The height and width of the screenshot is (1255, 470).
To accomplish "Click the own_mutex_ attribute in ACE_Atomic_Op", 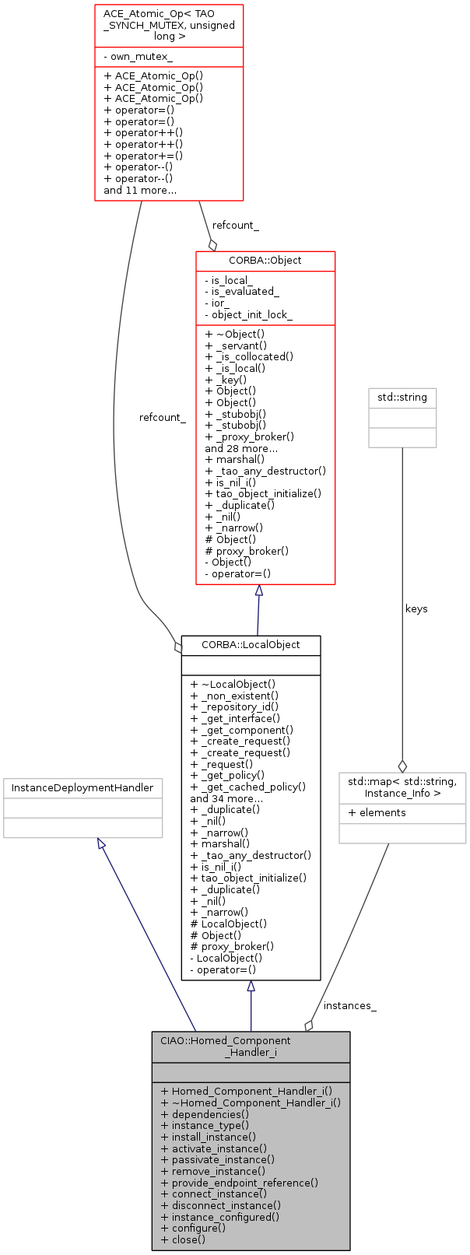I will click(x=138, y=57).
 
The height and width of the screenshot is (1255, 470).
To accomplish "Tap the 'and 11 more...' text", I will click(x=140, y=190).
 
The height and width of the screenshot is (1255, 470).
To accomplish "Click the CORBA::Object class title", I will click(x=265, y=261).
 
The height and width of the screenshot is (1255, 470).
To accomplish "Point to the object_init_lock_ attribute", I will click(x=248, y=315).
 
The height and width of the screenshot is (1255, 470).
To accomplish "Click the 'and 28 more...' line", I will click(x=241, y=448).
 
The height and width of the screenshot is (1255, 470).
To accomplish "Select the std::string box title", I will click(x=402, y=398).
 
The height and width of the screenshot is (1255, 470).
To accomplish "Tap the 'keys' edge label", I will click(x=416, y=608).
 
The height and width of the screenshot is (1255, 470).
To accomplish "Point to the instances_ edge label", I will click(x=349, y=1006).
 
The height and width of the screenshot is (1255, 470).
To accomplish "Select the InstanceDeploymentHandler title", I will click(x=82, y=788).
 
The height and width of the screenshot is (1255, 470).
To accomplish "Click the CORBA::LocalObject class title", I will click(x=251, y=645).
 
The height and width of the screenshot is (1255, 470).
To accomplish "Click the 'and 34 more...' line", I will click(x=226, y=798).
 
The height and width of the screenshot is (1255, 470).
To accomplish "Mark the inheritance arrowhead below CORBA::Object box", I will click(x=258, y=591).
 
